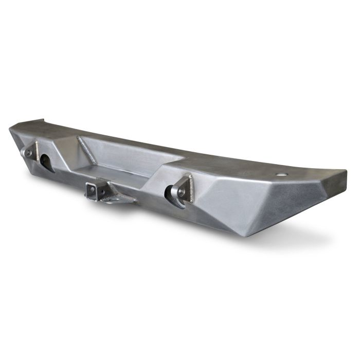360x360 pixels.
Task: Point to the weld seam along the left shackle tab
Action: (35, 149)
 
